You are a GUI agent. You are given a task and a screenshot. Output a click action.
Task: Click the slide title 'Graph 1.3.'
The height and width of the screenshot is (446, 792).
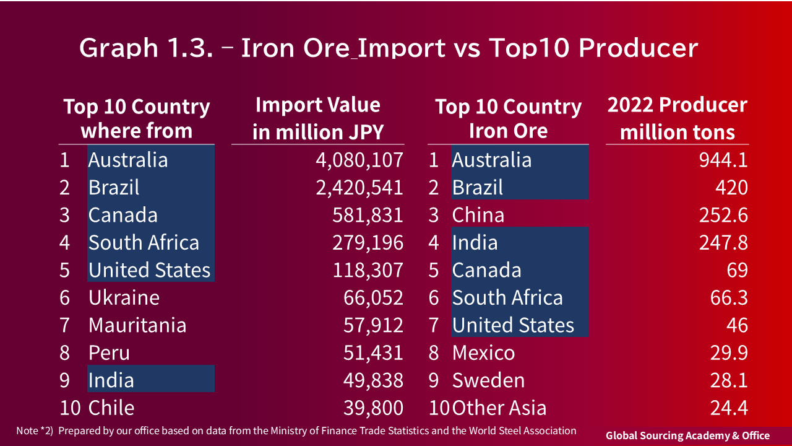click(146, 48)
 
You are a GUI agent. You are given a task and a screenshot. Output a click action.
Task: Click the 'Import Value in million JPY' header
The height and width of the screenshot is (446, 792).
click(317, 118)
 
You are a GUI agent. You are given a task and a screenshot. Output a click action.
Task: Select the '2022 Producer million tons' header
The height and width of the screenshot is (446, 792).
click(677, 118)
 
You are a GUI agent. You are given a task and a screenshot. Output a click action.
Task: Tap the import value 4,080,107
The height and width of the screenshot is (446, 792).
click(359, 160)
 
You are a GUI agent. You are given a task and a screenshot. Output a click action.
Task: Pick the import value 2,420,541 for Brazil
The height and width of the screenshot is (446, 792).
click(359, 188)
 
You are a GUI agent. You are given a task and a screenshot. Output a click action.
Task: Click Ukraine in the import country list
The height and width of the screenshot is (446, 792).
click(124, 298)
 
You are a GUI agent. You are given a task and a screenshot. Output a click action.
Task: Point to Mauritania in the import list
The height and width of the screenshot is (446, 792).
click(137, 325)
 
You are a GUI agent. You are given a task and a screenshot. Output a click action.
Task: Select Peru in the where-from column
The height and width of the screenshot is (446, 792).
click(109, 353)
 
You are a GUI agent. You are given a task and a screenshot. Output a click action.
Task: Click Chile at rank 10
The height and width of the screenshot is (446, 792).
click(111, 408)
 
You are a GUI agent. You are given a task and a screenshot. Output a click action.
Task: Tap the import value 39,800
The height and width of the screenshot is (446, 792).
click(373, 408)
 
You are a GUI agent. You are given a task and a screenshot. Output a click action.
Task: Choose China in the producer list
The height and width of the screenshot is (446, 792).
click(478, 216)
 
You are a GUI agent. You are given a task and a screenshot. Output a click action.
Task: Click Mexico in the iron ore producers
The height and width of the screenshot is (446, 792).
click(483, 353)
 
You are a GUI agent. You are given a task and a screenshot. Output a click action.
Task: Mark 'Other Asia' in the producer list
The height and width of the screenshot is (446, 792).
click(499, 408)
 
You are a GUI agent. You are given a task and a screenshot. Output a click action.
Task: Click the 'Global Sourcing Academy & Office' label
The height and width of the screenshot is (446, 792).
click(687, 435)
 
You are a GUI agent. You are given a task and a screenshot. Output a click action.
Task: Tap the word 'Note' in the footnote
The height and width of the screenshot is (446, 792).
click(27, 431)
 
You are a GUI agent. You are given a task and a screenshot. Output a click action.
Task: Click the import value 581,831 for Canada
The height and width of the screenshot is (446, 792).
click(368, 216)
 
